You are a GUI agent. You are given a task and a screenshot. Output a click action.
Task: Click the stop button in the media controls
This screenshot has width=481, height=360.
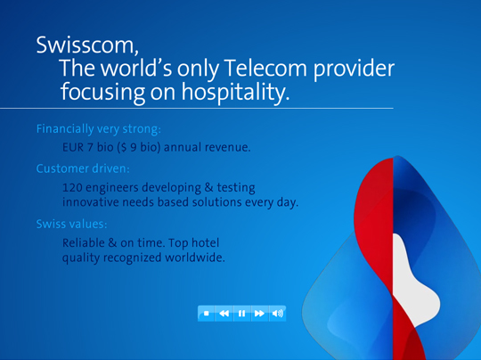coord(207,313)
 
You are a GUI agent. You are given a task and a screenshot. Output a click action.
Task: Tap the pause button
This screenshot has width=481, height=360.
coord(241,313)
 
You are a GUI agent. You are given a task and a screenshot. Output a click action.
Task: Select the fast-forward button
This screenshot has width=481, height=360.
coord(259,313)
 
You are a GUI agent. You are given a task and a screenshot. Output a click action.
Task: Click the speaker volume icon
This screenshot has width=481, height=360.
coord(277,313)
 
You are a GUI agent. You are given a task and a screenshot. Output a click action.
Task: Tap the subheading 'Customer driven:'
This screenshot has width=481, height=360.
coord(84,167)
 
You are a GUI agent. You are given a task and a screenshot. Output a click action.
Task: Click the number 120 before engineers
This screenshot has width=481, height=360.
coord(74,187)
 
